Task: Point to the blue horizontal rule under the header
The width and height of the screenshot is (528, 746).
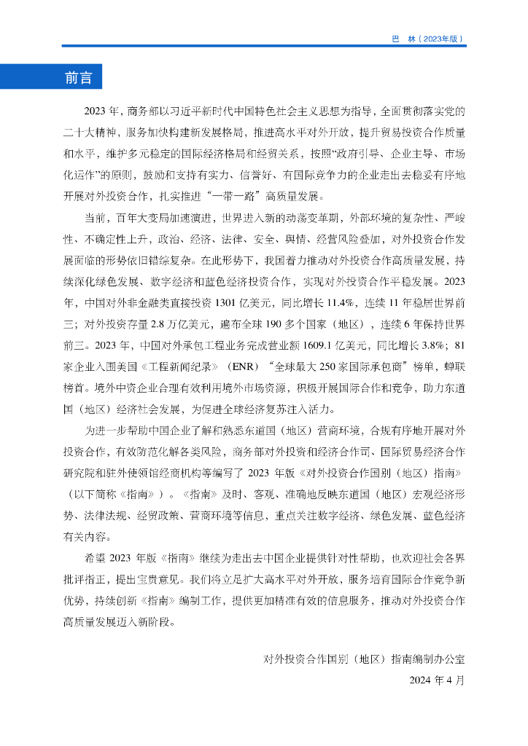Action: click(x=263, y=47)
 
